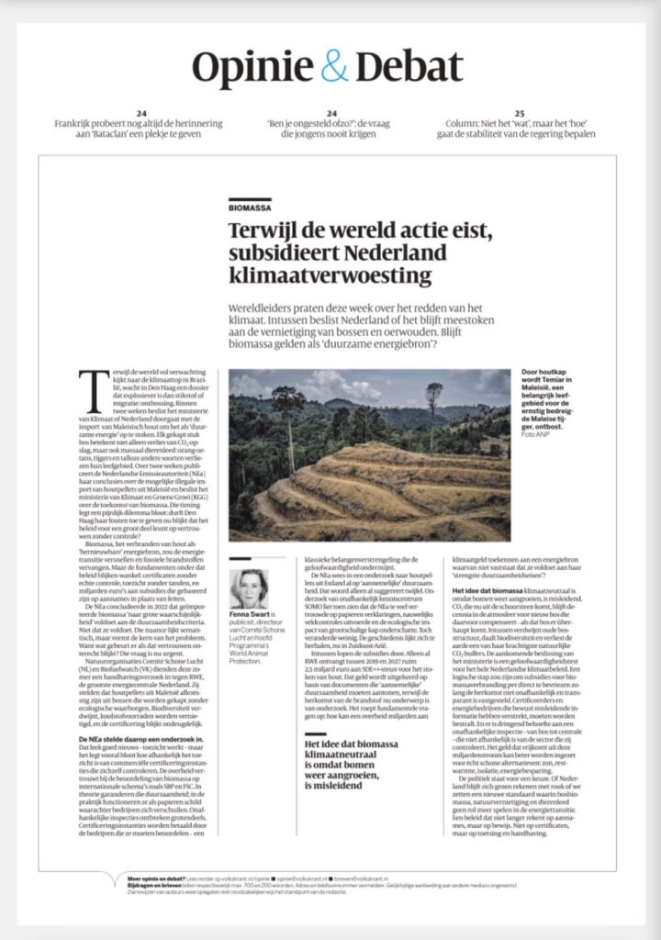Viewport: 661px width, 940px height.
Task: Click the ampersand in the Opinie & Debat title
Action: [x=335, y=67]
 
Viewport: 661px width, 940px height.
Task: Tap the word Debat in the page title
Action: [x=409, y=67]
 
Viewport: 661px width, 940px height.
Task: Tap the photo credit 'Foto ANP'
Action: [x=532, y=434]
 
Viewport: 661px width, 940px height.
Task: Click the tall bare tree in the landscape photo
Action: [x=432, y=404]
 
